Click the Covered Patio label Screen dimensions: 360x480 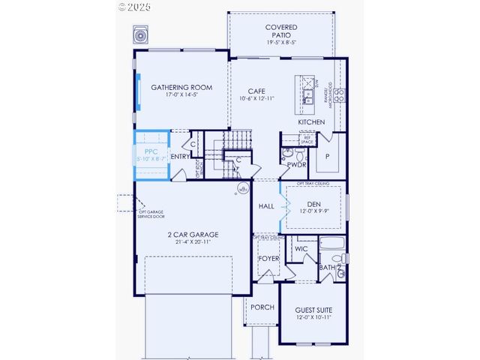pos(280,28)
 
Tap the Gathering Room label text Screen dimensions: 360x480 pos(181,88)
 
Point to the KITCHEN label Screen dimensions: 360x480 pos(311,121)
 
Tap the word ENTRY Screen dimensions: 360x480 pos(180,156)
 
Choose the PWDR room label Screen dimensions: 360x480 pos(297,164)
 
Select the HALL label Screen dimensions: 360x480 pos(266,205)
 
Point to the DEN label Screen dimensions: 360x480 pos(313,203)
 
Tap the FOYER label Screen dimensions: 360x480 pos(268,258)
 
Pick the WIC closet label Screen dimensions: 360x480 pos(301,248)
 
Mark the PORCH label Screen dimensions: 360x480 pos(262,307)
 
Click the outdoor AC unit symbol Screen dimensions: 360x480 pos(140,35)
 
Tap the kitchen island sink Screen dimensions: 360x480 pos(307,94)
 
